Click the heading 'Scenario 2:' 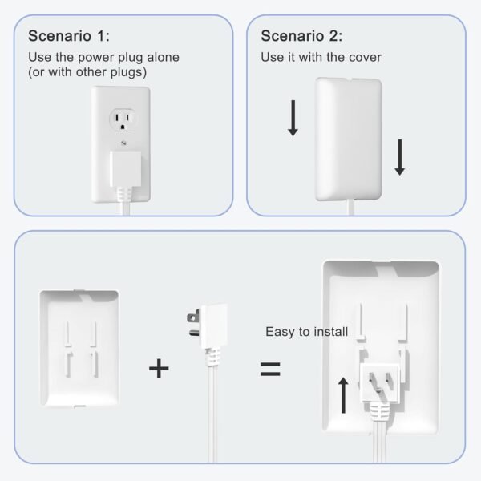(301, 36)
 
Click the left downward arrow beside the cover (293, 119)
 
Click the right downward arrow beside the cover (400, 156)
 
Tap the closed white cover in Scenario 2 (348, 140)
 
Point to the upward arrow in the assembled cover (343, 394)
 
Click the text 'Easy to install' (307, 331)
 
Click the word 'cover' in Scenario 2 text (364, 58)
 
